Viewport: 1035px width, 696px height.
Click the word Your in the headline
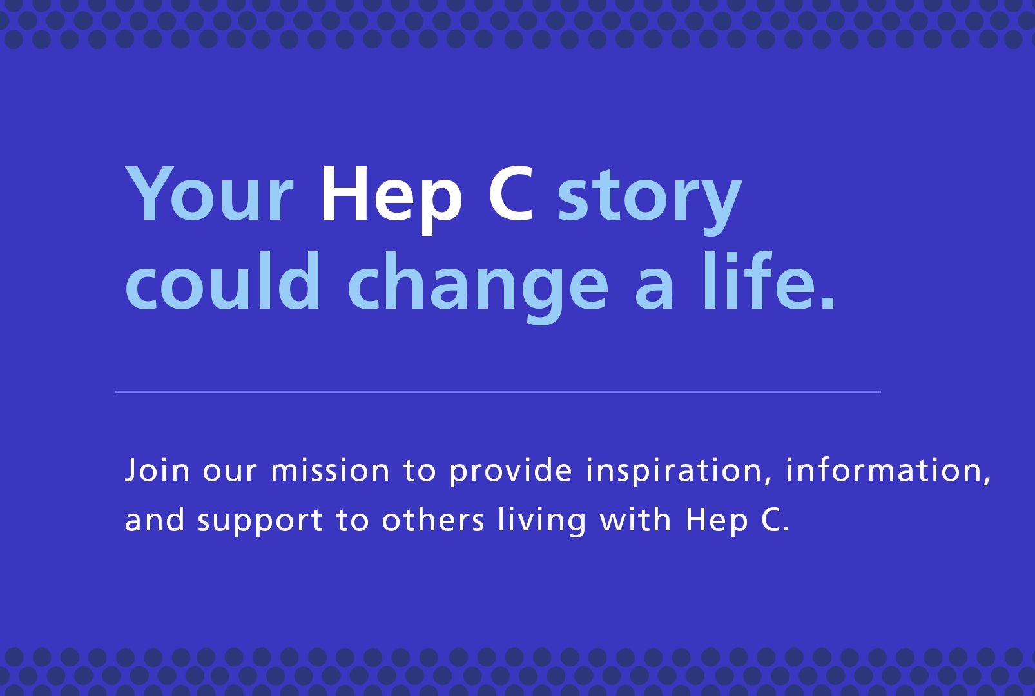[x=209, y=194]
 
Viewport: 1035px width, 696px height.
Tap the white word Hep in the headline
[x=391, y=200]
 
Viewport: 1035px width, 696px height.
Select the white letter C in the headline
[x=511, y=194]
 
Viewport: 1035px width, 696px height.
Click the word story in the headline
[x=650, y=202]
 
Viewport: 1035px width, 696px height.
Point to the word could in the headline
[x=222, y=280]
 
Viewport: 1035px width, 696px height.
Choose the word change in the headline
[x=478, y=287]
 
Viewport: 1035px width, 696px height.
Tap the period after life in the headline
[x=827, y=302]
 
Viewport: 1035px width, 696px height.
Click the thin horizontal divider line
[x=498, y=392]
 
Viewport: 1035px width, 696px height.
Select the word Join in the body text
[x=157, y=470]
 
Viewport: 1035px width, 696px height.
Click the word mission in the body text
[x=330, y=470]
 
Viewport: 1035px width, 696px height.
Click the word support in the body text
[x=260, y=523]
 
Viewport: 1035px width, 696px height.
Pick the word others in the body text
[x=433, y=519]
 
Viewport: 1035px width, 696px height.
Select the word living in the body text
[x=541, y=523]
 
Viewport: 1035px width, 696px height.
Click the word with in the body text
[x=635, y=519]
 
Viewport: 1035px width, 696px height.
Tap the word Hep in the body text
[x=716, y=523]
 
